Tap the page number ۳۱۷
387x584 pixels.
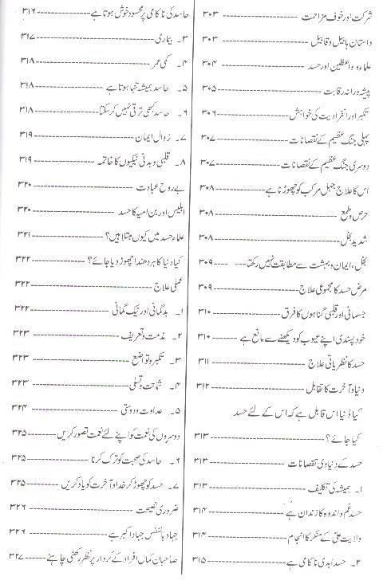point(15,38)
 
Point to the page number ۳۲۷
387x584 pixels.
point(15,555)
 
